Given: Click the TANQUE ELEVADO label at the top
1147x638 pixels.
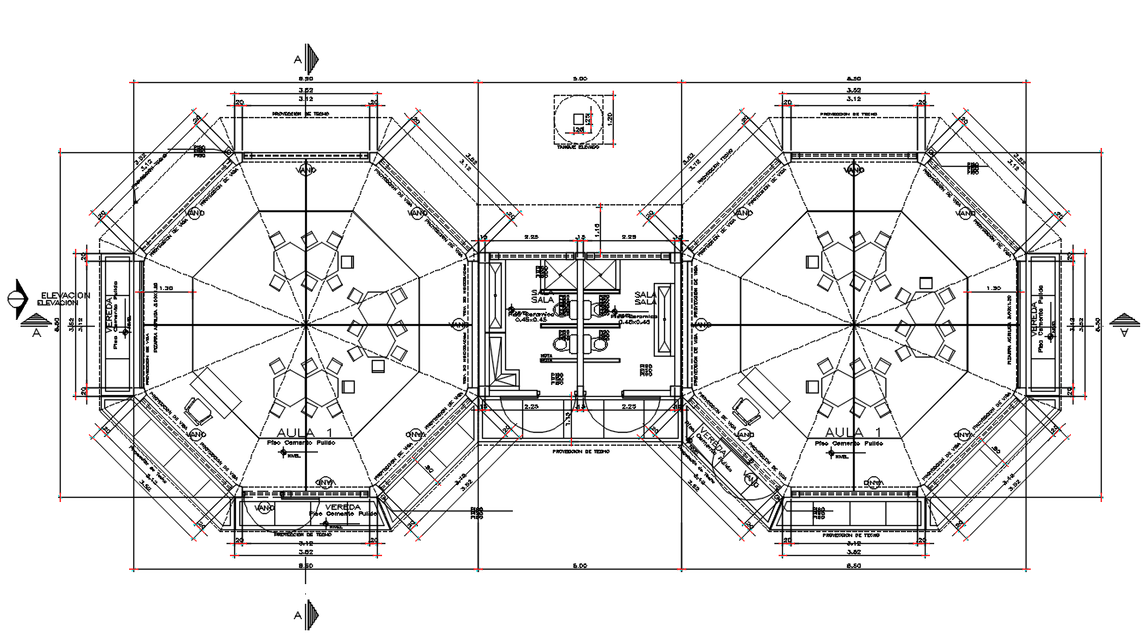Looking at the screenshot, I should tap(578, 146).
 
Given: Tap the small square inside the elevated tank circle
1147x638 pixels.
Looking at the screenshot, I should tap(579, 119).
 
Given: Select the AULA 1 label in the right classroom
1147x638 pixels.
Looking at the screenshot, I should tap(853, 431).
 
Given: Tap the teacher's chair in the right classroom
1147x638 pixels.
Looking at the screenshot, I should tap(750, 411).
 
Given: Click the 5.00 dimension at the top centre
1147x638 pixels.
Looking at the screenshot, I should tap(579, 79).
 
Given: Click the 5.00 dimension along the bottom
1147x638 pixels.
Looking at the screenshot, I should tap(579, 565).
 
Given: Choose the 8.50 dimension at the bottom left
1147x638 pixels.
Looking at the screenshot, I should tap(305, 565).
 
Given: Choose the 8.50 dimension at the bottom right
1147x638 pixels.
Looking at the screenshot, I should tap(853, 565).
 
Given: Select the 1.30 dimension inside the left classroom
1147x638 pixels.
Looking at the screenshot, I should tap(165, 289).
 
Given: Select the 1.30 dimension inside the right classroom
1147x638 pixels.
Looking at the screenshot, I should tap(992, 289).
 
